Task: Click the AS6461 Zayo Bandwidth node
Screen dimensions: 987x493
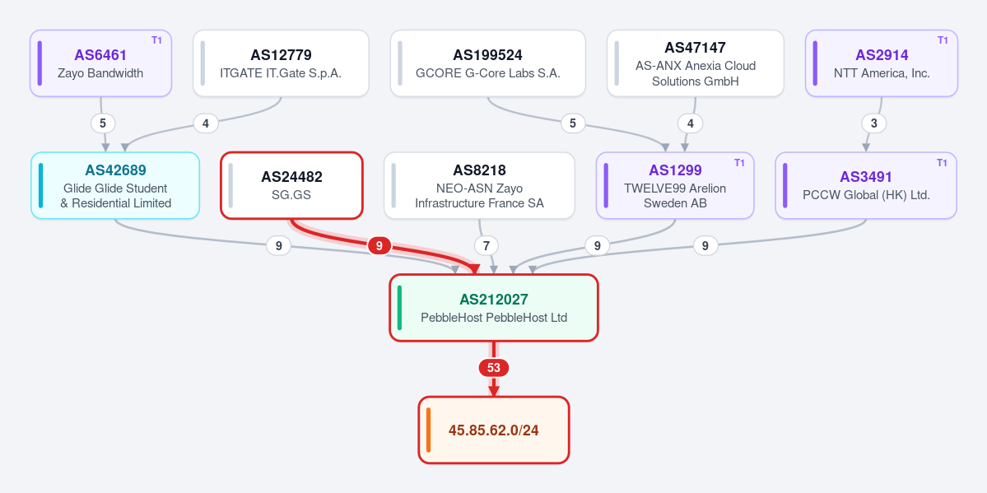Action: coord(100,63)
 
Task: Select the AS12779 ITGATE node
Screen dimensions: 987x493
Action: coord(281,63)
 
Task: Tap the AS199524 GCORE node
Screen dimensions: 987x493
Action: coord(488,63)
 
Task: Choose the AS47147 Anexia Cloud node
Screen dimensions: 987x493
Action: coord(696,63)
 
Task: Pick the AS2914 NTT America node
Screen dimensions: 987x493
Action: coord(882,63)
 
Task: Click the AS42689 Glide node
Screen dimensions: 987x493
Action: coord(115,186)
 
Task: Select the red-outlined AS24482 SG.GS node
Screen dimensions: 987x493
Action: coord(291,186)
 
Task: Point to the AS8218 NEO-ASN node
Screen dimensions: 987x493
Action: coord(480,186)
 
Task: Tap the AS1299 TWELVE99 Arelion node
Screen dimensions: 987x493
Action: coord(675,186)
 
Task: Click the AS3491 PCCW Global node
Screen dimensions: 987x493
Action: coord(866,186)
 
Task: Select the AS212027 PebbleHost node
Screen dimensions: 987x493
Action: coord(494,308)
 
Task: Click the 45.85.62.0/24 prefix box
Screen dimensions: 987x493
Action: coord(494,430)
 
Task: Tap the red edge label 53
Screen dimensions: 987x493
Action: coord(494,368)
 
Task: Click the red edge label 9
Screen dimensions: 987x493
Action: coord(379,245)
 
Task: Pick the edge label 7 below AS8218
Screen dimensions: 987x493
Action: coord(487,245)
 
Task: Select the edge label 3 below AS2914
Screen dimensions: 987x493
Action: coord(873,123)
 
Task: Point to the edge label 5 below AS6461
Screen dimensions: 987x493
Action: coord(103,123)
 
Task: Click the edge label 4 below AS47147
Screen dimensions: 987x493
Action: coord(691,123)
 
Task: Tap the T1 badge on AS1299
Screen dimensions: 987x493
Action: coord(739,163)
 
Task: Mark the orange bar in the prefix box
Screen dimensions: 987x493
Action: coord(429,430)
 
